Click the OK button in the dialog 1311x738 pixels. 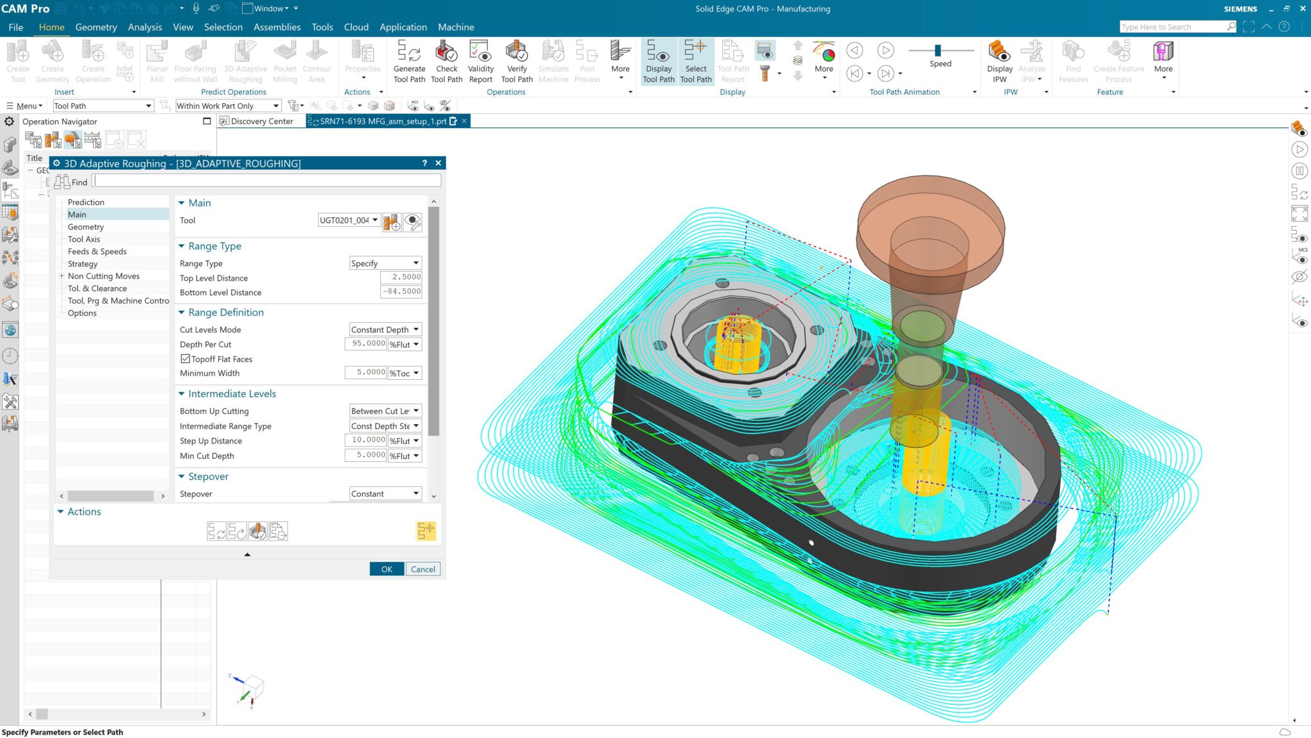[x=387, y=569]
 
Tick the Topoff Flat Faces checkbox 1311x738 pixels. [x=186, y=359]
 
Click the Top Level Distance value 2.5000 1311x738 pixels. [x=401, y=277]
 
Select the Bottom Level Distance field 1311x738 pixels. [x=401, y=291]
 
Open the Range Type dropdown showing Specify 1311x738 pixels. [x=385, y=263]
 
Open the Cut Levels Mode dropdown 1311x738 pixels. [x=385, y=329]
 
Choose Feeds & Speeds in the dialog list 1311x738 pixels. [x=97, y=251]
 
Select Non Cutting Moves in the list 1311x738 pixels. [x=104, y=276]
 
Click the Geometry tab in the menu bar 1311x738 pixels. [x=96, y=27]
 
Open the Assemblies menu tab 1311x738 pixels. [x=277, y=27]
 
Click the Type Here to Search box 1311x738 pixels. [x=1173, y=27]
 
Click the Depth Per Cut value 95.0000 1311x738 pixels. [x=366, y=344]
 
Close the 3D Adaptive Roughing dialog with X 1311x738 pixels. [x=438, y=163]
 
